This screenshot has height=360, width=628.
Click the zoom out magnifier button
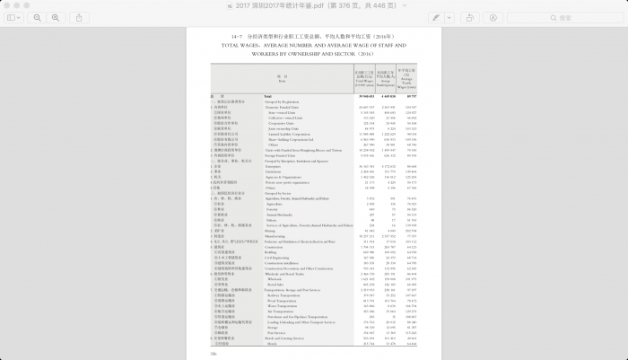click(37, 17)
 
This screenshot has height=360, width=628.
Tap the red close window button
click(7, 4)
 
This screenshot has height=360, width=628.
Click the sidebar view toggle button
click(11, 17)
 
